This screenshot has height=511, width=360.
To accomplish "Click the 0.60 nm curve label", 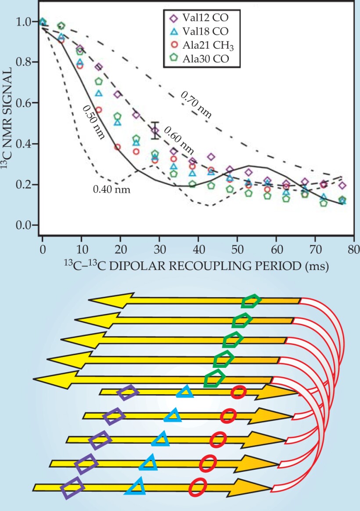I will (x=179, y=138).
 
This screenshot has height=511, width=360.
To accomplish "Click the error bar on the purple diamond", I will (x=155, y=130).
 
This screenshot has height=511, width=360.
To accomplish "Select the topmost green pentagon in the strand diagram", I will (x=251, y=302).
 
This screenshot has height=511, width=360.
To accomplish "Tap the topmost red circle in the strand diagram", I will (x=238, y=392).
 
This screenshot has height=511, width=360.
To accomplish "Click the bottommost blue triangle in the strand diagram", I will (x=136, y=486).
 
